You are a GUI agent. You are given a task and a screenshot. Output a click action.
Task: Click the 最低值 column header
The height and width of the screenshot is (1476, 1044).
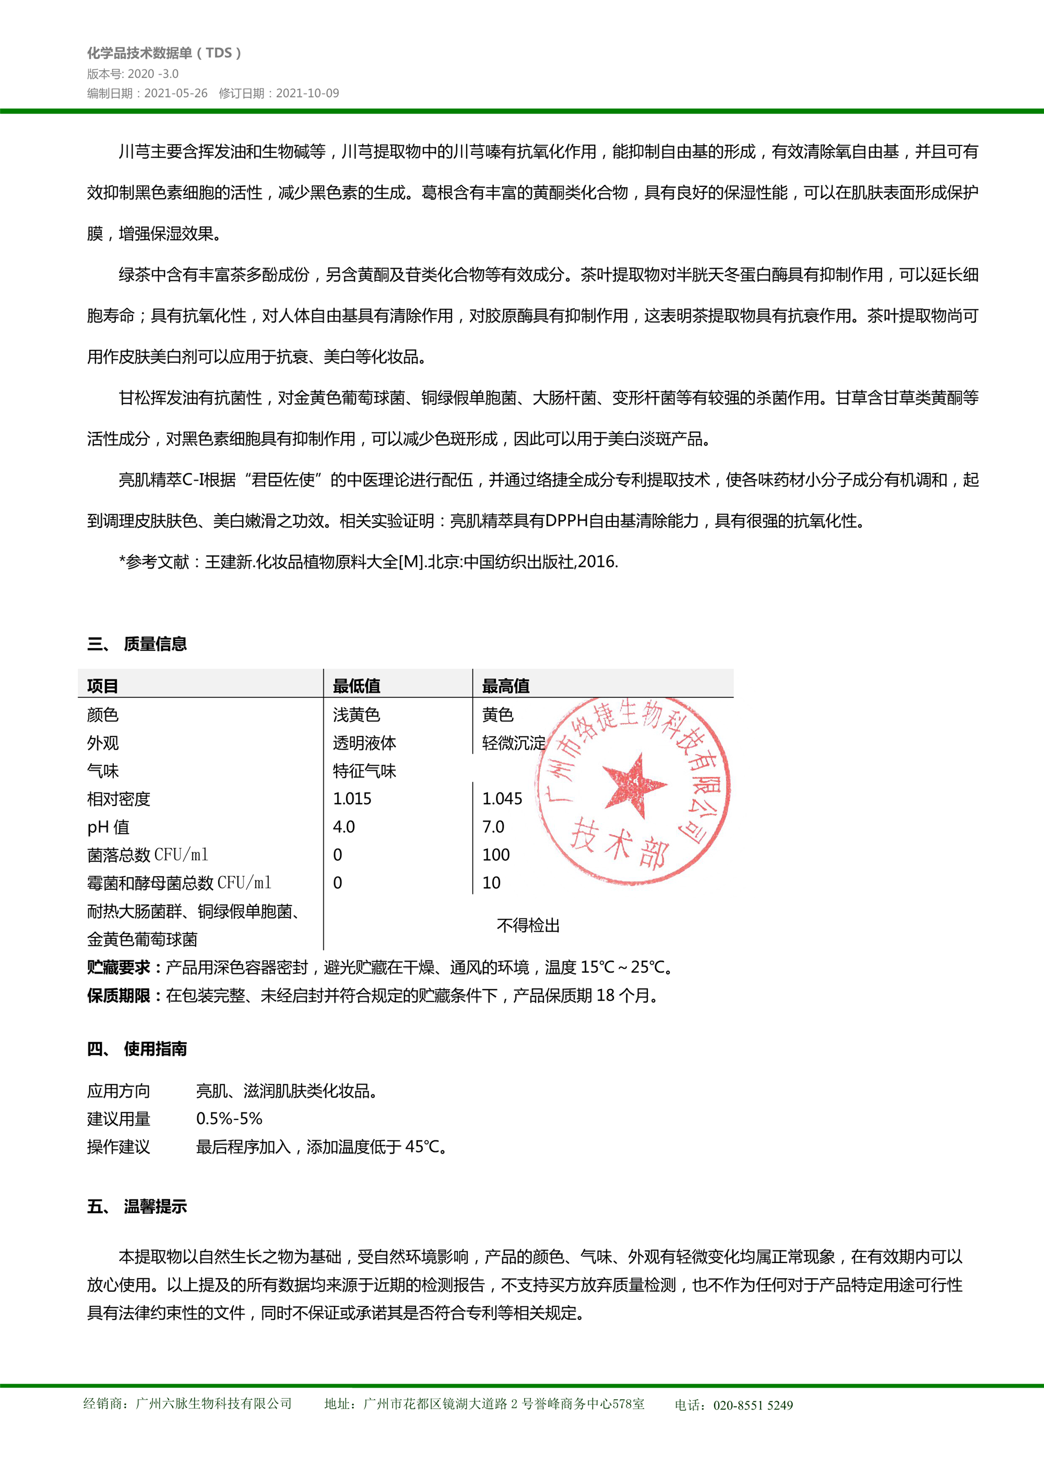pyautogui.click(x=356, y=686)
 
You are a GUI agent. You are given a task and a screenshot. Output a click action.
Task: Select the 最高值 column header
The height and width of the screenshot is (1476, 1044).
pyautogui.click(x=505, y=686)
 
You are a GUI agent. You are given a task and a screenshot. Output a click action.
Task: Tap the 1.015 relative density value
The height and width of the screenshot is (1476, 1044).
pyautogui.click(x=352, y=799)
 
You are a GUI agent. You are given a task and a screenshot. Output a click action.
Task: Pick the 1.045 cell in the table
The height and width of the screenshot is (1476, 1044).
pyautogui.click(x=502, y=799)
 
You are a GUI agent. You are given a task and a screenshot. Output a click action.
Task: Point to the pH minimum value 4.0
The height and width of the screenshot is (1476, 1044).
pyautogui.click(x=344, y=827)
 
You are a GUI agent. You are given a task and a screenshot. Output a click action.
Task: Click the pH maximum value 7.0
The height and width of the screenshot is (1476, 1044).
pyautogui.click(x=493, y=827)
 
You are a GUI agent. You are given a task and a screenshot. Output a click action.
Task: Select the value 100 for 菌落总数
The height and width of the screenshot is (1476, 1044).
pyautogui.click(x=496, y=855)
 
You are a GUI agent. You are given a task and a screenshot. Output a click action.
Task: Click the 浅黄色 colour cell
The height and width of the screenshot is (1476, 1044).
pyautogui.click(x=356, y=715)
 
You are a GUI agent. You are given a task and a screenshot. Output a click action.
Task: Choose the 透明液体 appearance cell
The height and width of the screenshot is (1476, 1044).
pyautogui.click(x=364, y=743)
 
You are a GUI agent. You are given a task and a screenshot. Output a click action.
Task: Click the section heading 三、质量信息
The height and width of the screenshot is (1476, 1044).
pyautogui.click(x=137, y=644)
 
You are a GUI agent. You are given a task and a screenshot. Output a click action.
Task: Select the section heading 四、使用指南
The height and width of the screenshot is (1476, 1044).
pyautogui.click(x=137, y=1049)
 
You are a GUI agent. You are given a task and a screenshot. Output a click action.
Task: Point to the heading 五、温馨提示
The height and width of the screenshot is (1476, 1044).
pyautogui.click(x=137, y=1207)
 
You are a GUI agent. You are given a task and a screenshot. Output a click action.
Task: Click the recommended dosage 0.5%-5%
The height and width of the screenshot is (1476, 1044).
pyautogui.click(x=229, y=1118)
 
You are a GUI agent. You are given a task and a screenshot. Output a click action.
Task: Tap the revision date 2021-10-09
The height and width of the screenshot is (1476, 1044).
pyautogui.click(x=307, y=93)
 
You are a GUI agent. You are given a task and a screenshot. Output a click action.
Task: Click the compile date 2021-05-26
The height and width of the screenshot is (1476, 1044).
pyautogui.click(x=175, y=93)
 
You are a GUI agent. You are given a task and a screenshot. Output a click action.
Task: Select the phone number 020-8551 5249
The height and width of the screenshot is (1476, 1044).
pyautogui.click(x=753, y=1406)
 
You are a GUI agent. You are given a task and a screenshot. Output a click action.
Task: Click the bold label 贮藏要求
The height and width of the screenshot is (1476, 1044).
pyautogui.click(x=119, y=968)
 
